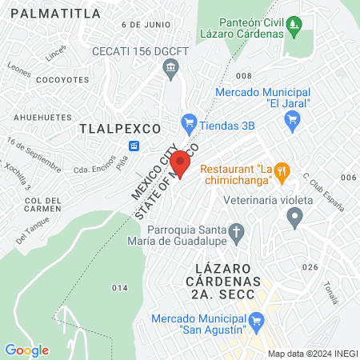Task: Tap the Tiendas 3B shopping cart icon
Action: [x=190, y=122]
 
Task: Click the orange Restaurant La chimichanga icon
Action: [x=281, y=170]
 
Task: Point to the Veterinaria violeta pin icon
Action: [x=295, y=216]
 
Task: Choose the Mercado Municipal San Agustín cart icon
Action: [x=257, y=324]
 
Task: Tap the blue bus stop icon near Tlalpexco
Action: [x=134, y=146]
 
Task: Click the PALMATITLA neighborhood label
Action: [x=58, y=14]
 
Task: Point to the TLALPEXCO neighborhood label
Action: [x=121, y=128]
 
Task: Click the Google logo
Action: [x=27, y=350]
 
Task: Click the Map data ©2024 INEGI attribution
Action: [x=312, y=354]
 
